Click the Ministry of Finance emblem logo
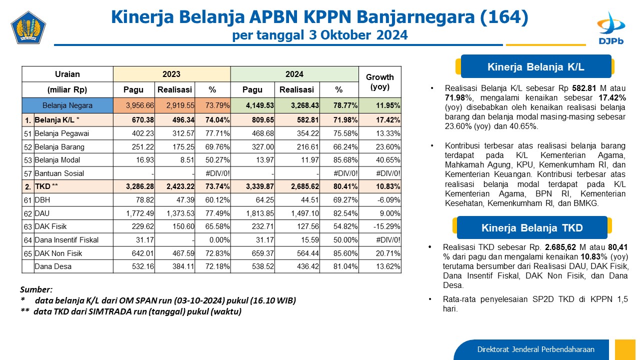(x=28, y=27)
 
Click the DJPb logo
(x=611, y=28)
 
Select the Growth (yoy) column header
(x=379, y=82)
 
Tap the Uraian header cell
(x=67, y=74)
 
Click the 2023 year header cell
(x=171, y=74)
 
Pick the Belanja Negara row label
(x=67, y=105)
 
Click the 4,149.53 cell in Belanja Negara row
(x=252, y=105)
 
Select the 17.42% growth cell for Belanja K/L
(x=380, y=120)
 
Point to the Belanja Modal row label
(x=57, y=160)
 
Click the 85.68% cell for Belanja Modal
(x=339, y=160)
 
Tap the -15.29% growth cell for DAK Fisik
(x=380, y=226)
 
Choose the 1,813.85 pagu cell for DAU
(x=252, y=213)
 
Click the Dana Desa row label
(x=53, y=266)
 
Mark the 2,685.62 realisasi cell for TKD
(x=297, y=186)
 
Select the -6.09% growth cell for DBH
(x=380, y=200)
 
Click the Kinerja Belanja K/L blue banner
(x=535, y=66)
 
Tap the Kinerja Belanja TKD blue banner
(x=532, y=227)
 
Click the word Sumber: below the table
(x=36, y=289)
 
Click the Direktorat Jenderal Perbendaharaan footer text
(x=535, y=349)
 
